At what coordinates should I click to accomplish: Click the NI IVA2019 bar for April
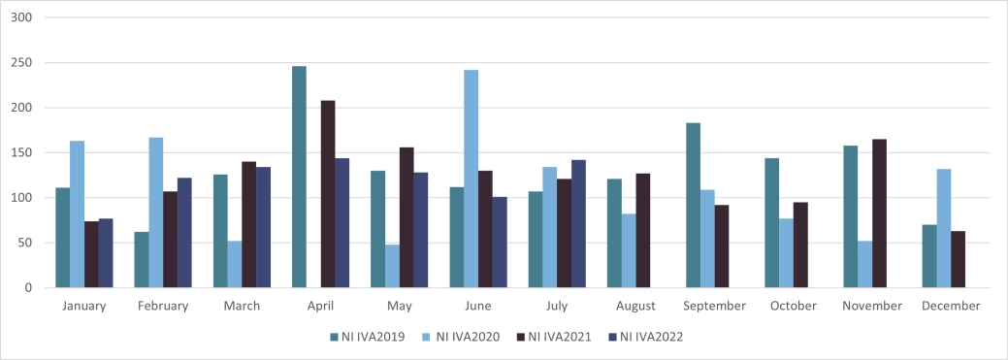(x=299, y=177)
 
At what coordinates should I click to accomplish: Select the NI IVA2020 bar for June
(x=471, y=179)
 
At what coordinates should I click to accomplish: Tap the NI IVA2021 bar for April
(x=328, y=194)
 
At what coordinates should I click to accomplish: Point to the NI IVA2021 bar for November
(x=879, y=213)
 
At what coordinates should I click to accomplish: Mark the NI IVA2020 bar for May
(x=392, y=266)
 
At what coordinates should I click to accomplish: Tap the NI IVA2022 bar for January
(x=106, y=253)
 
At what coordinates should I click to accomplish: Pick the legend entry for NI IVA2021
(x=554, y=337)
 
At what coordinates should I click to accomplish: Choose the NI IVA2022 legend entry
(x=648, y=337)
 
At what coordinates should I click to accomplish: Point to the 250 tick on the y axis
(x=22, y=63)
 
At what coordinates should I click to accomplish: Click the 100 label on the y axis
(x=22, y=198)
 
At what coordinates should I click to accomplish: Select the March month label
(x=242, y=306)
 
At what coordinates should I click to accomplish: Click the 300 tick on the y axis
(x=22, y=18)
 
